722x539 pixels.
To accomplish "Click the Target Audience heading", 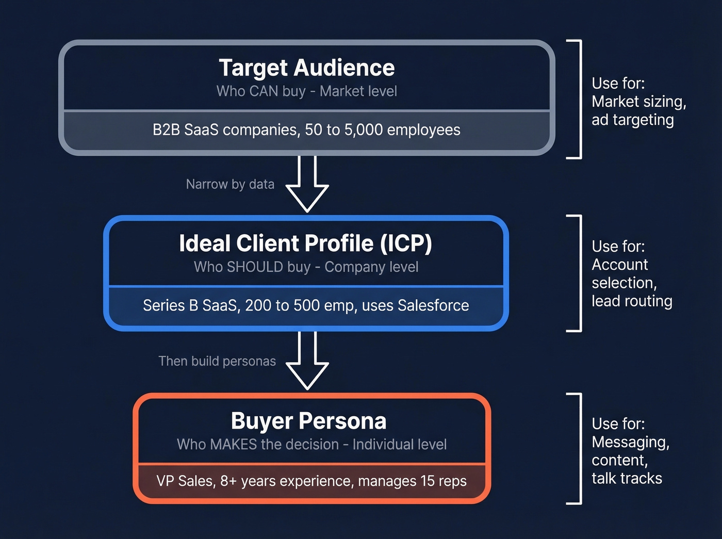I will tap(306, 68).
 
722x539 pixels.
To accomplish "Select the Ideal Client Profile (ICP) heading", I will tap(305, 243).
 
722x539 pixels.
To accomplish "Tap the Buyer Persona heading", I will tap(308, 421).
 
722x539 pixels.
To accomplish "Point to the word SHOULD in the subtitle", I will tap(255, 267).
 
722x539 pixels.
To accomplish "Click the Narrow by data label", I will tap(230, 184).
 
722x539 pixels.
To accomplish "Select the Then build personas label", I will tap(217, 361).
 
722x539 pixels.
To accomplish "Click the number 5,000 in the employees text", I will tap(363, 130).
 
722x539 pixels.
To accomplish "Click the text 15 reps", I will tap(443, 481).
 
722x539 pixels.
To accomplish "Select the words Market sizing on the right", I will tap(638, 102).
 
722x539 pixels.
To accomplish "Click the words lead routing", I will tap(632, 301).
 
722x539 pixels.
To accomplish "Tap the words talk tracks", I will tap(627, 479).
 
